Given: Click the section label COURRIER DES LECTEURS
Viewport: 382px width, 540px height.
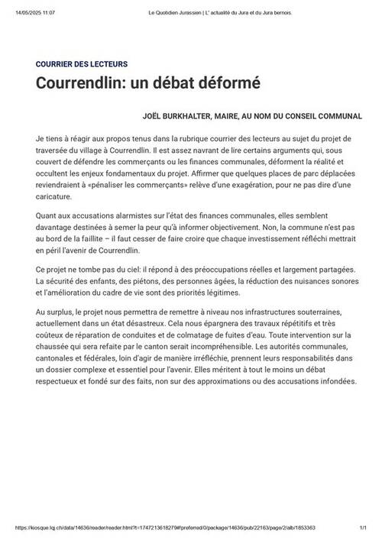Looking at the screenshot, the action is pos(82,64).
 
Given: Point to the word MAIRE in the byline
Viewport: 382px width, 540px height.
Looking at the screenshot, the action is pos(237,116).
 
